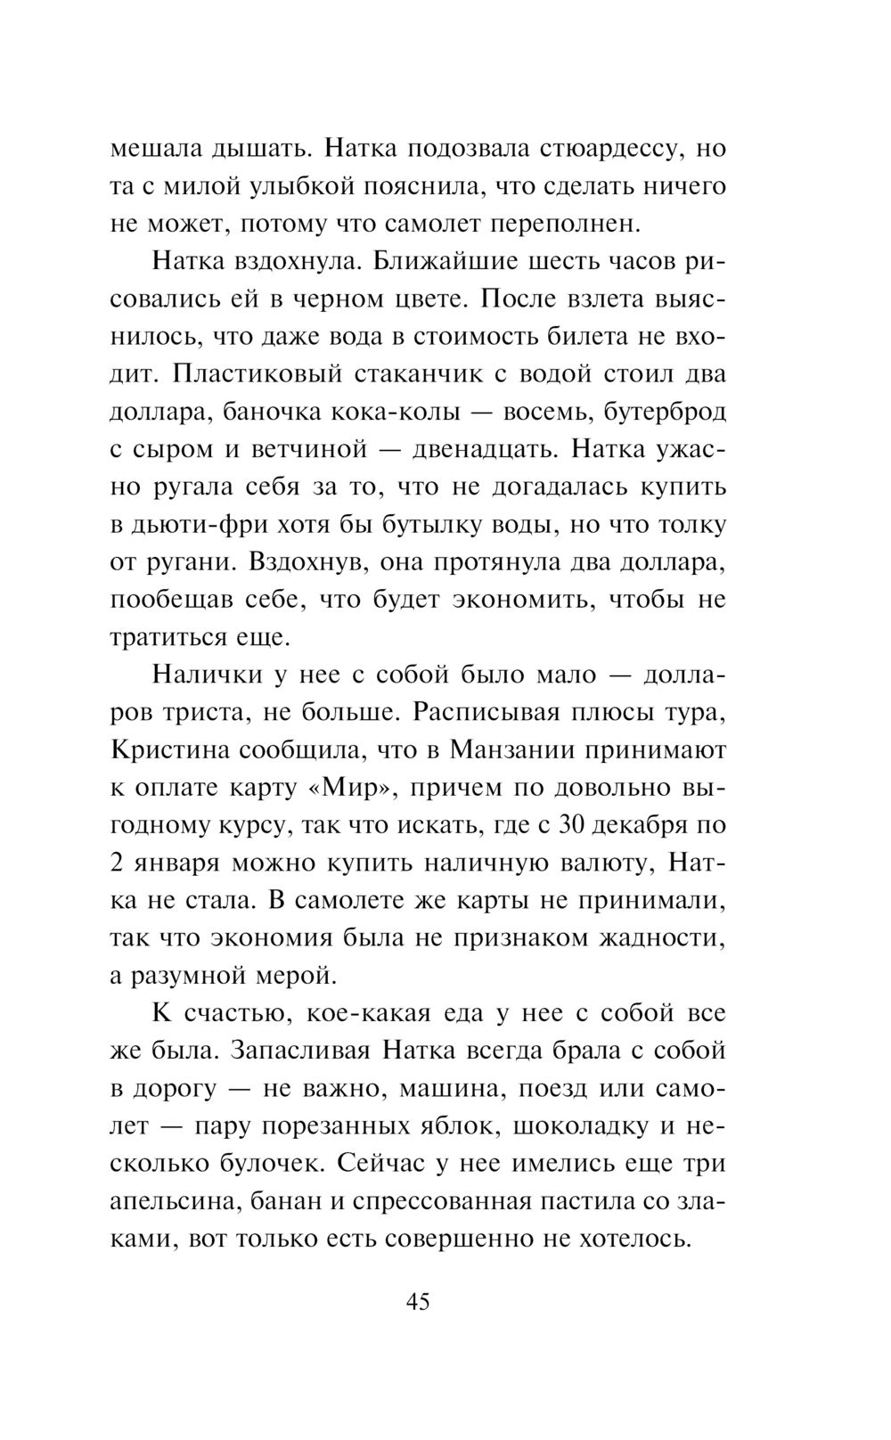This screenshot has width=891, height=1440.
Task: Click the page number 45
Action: click(x=418, y=1302)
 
